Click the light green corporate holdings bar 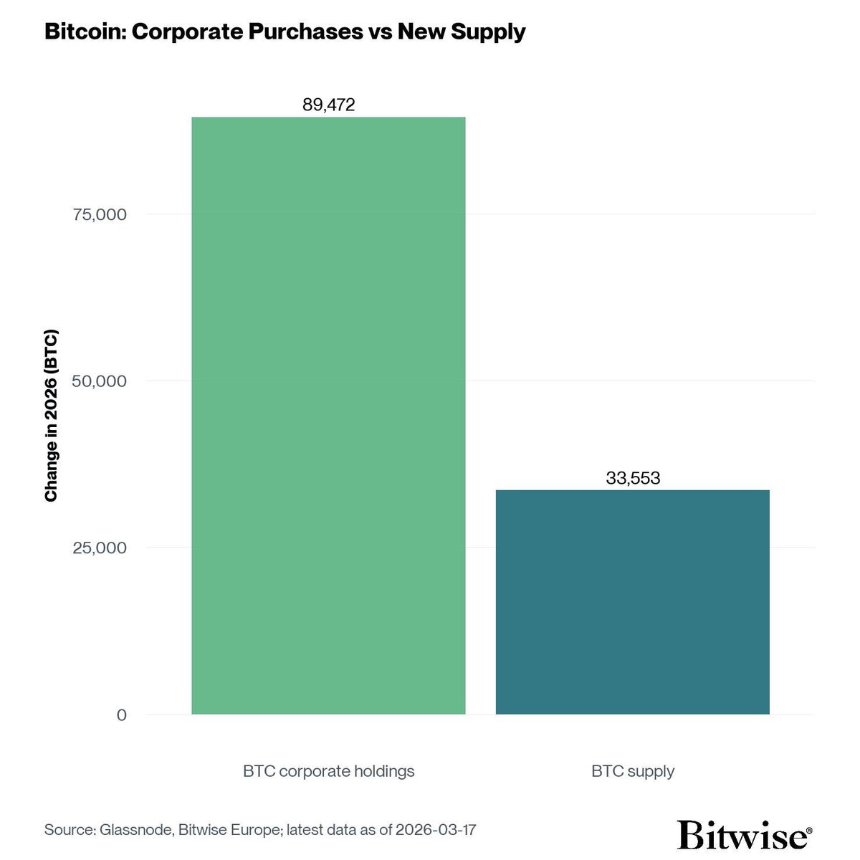click(x=328, y=416)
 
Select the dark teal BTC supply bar click(x=632, y=602)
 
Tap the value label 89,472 click(x=328, y=105)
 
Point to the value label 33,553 click(x=632, y=478)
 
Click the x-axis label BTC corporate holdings click(x=328, y=771)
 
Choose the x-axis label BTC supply click(x=632, y=771)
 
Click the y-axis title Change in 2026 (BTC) click(x=51, y=416)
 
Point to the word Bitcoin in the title click(x=77, y=32)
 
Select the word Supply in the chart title click(x=489, y=32)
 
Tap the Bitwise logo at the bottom click(x=742, y=835)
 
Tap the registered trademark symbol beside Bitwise click(x=809, y=831)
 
